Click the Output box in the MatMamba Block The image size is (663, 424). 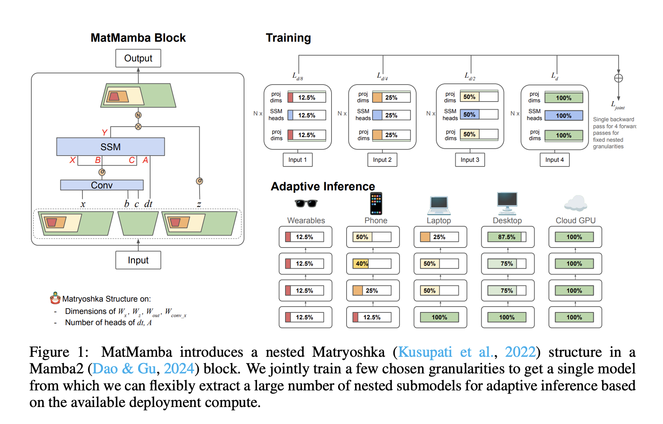point(138,58)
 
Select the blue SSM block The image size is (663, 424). point(111,147)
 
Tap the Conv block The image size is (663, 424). point(102,185)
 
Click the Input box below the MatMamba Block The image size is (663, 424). point(138,260)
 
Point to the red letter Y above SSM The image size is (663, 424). point(104,132)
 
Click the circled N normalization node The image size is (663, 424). point(138,115)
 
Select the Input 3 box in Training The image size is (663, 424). point(470,159)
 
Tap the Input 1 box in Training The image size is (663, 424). point(297,159)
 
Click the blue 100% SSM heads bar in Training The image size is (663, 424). point(564,115)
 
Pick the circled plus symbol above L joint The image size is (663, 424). point(619,78)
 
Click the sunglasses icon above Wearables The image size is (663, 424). point(306,203)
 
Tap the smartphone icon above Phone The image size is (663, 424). point(376,204)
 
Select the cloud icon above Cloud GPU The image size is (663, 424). point(576,203)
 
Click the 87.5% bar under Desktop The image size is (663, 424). point(506,237)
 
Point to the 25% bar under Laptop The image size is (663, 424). point(439,237)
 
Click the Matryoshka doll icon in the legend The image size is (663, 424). point(56,298)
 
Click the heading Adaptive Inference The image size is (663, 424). point(323,186)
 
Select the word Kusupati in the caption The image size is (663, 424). point(425,352)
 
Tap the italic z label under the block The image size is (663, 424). point(199,204)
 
